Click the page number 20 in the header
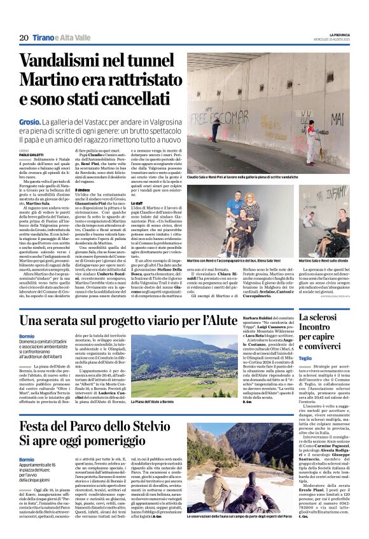24,38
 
